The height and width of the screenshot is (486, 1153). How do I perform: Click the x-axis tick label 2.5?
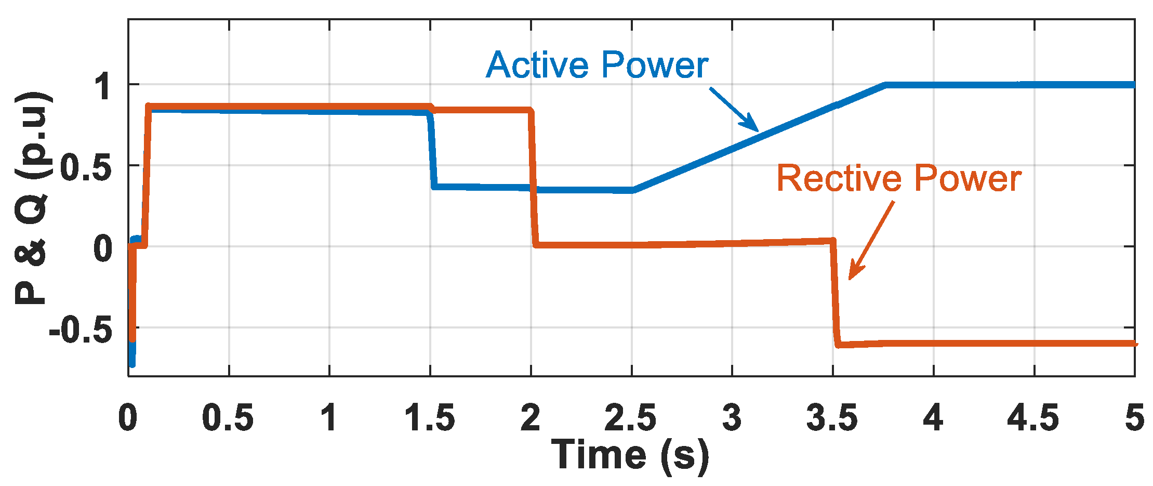click(630, 418)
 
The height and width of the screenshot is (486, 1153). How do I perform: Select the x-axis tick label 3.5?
click(832, 418)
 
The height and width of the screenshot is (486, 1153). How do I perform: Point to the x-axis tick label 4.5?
click(1033, 418)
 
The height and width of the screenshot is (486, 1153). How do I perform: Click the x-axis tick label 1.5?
click(430, 418)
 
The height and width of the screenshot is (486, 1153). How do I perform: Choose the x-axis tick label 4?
click(933, 418)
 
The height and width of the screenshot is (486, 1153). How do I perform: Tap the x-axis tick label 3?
click(732, 418)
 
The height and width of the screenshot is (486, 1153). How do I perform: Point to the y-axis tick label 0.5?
click(86, 167)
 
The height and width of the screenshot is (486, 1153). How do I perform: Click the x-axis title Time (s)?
click(630, 455)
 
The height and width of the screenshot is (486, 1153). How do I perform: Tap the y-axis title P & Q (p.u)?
click(32, 198)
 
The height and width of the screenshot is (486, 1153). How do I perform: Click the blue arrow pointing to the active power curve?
click(734, 110)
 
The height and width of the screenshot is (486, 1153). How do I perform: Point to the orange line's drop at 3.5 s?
click(835, 291)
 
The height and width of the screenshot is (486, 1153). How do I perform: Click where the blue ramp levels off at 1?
click(885, 85)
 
